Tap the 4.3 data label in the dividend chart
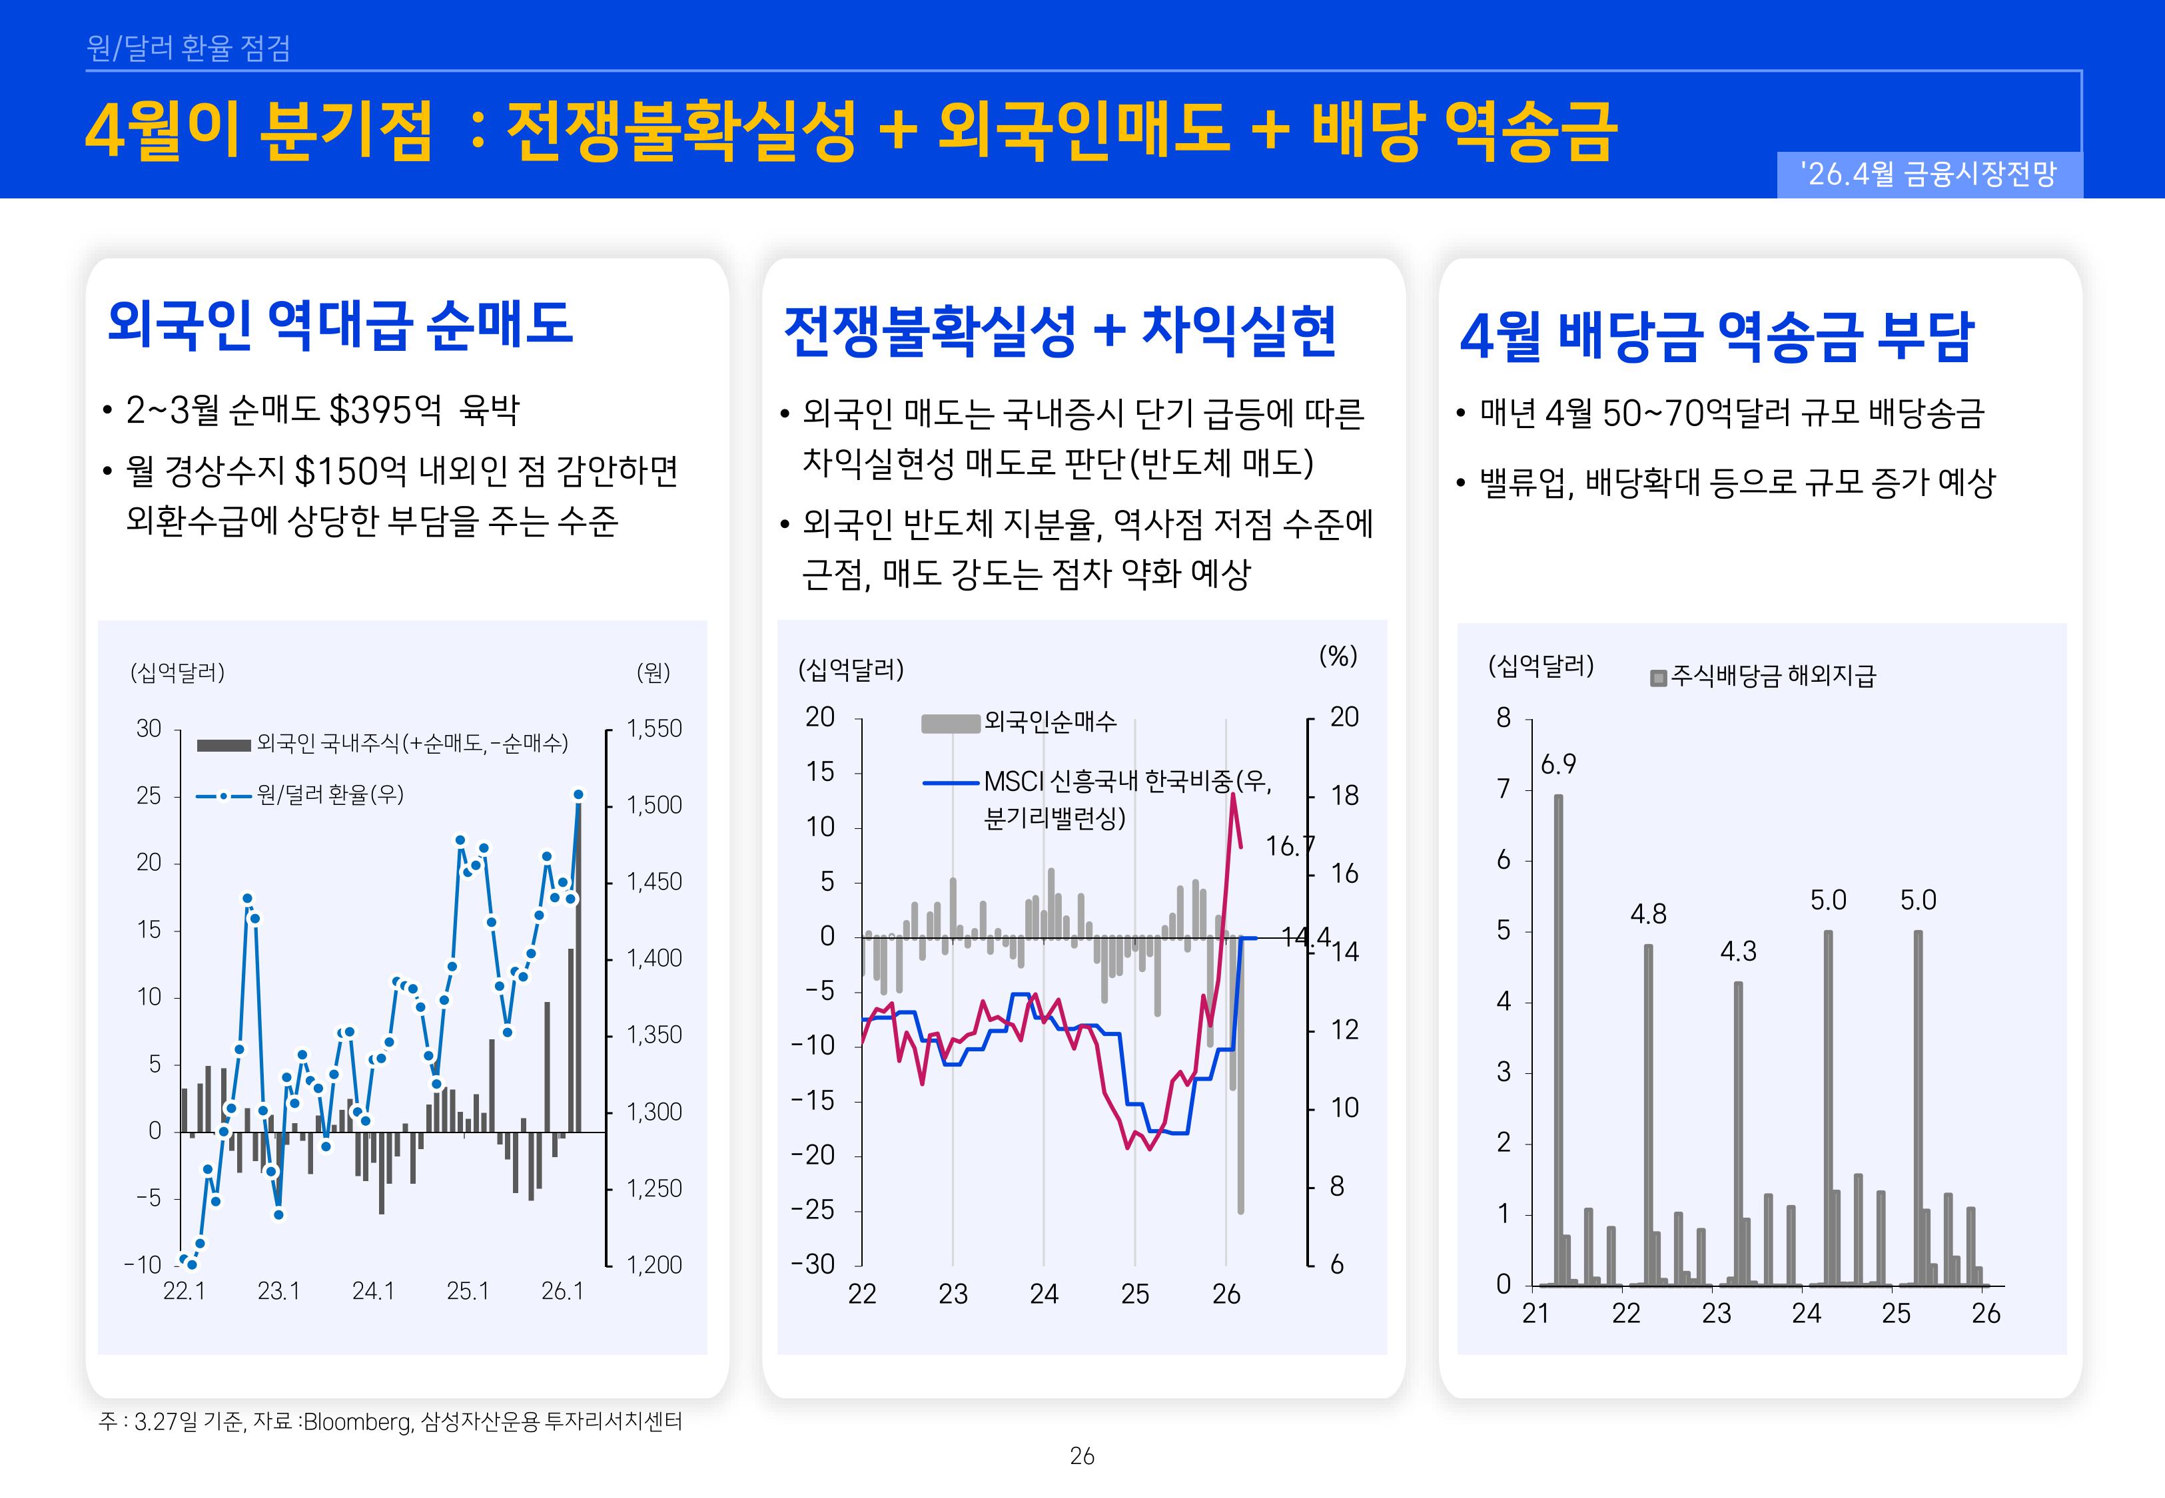(x=1738, y=952)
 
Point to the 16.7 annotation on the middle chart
(x=1289, y=847)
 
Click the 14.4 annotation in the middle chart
(x=1305, y=936)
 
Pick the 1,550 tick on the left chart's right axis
(x=653, y=728)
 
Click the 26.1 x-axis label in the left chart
(x=562, y=1292)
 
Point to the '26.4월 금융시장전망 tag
(x=1929, y=174)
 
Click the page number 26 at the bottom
(x=1082, y=1456)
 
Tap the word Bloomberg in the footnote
(x=358, y=1422)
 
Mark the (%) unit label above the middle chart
(x=1338, y=656)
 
